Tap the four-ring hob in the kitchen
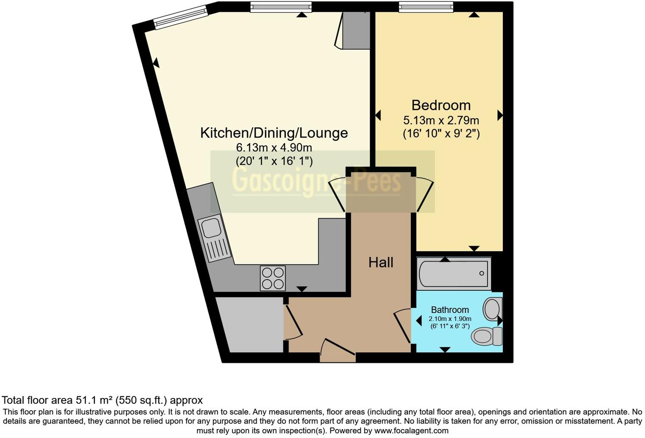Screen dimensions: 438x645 pyautogui.click(x=273, y=278)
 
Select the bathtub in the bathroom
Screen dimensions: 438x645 pyautogui.click(x=454, y=273)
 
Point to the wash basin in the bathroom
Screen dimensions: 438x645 pyautogui.click(x=493, y=308)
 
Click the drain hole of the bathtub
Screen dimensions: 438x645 pyautogui.click(x=482, y=273)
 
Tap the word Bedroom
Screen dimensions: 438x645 pyautogui.click(x=441, y=105)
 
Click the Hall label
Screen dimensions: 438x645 pyautogui.click(x=381, y=263)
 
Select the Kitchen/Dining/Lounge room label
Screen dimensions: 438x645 pyautogui.click(x=274, y=133)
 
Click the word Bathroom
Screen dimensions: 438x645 pyautogui.click(x=450, y=310)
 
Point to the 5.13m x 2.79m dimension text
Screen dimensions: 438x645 pyautogui.click(x=441, y=120)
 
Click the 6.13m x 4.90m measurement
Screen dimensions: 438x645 pyautogui.click(x=274, y=148)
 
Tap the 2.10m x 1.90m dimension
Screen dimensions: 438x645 pyautogui.click(x=450, y=319)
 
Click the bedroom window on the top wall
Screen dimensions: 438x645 pyautogui.click(x=426, y=6)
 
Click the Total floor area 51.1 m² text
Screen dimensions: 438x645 pyautogui.click(x=102, y=400)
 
